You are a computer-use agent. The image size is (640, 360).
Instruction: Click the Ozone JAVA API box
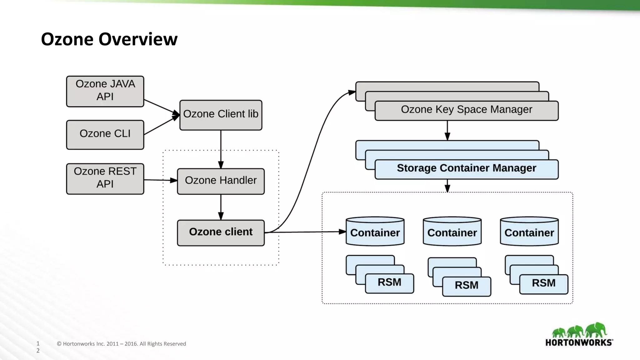coord(105,91)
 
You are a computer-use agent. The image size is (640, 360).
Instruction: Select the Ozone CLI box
coord(105,135)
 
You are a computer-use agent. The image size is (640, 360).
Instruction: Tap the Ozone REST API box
coord(105,179)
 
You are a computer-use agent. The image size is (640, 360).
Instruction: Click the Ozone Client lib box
coord(221,115)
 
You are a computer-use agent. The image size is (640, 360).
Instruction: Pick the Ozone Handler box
coord(221,181)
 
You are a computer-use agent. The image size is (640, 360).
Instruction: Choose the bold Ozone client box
coord(221,233)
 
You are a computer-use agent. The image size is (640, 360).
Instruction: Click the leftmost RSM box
coord(389,283)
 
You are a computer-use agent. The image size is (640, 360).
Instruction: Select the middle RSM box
coord(467,286)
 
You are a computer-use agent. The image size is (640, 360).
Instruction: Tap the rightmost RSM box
coord(543,284)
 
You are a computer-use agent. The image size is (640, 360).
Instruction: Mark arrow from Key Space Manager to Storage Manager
coord(447,130)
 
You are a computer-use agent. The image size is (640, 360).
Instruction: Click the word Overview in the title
coord(138,39)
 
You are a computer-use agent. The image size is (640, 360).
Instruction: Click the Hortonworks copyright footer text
coord(121,344)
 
